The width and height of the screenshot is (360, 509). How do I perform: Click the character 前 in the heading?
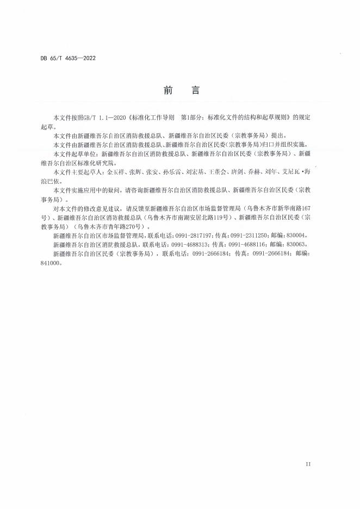tap(167, 91)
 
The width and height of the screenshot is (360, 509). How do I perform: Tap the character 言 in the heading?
tap(195, 91)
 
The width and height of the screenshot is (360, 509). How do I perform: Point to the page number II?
tap(308, 464)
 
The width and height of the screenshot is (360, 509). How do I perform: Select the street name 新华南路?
tap(289, 209)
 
